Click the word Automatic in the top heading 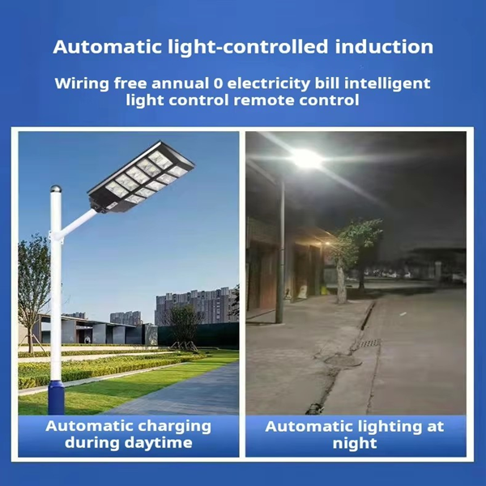pos(107,47)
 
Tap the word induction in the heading pos(384,47)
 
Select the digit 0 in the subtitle pos(218,83)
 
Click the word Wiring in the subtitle pos(82,84)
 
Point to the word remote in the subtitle pos(266,100)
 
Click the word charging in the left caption pos(174,427)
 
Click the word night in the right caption pos(355,443)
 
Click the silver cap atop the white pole pos(56,189)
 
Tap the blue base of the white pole pos(56,398)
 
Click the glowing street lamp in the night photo pos(306,160)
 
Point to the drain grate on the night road pos(369,343)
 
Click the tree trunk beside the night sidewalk pos(341,282)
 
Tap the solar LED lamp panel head pos(141,177)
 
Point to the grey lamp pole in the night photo pos(280,251)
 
